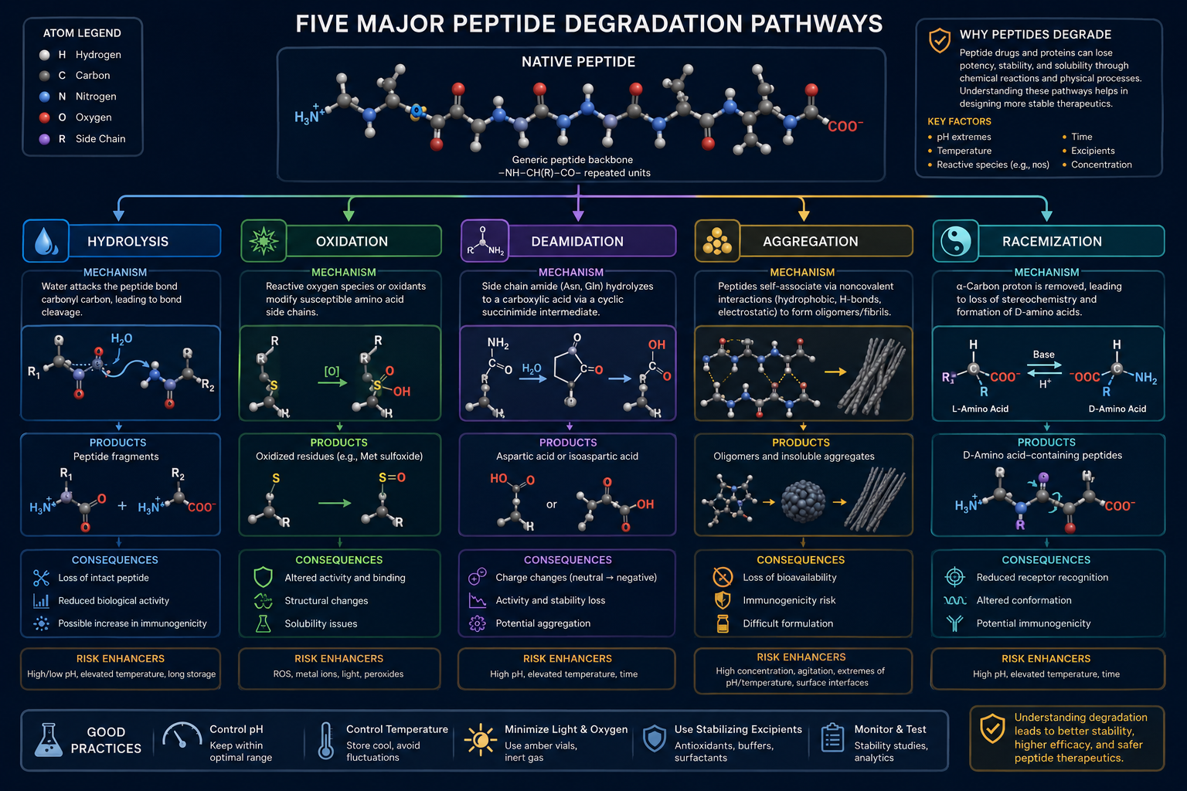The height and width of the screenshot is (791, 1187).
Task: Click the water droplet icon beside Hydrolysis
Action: coord(46,241)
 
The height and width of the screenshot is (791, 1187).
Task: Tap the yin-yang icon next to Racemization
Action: coord(955,241)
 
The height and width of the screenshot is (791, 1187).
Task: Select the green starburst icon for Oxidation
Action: coord(264,241)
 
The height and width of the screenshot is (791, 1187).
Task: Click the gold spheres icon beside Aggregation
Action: coord(717,241)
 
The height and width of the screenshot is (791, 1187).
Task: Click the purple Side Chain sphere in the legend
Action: coord(45,139)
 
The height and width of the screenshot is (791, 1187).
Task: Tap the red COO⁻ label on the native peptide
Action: coord(845,126)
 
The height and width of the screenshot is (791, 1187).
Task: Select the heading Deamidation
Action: coord(577,242)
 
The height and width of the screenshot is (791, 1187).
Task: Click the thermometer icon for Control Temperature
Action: coord(326,741)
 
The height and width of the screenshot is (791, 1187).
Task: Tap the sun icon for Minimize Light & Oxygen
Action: coord(481,739)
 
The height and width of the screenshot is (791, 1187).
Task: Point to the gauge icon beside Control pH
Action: coord(182,735)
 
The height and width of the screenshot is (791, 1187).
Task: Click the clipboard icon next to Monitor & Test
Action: coord(832,738)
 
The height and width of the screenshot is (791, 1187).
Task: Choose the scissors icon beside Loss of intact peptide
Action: coord(41,578)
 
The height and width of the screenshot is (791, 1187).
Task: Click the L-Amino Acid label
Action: coord(980,409)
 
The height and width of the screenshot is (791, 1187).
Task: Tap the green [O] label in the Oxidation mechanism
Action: coord(332,371)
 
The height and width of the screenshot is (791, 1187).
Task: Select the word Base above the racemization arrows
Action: coord(1043,355)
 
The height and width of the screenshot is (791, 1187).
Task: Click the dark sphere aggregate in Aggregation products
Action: coord(803,501)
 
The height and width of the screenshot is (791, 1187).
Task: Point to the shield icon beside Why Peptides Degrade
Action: coord(940,40)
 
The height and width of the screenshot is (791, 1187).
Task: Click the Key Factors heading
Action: coord(959,121)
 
